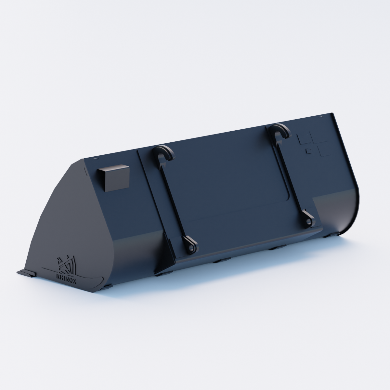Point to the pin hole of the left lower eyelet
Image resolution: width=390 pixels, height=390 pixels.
point(190,248)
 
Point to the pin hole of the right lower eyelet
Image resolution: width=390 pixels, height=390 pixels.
point(309,222)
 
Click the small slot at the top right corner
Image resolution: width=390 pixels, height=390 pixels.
point(320,117)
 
